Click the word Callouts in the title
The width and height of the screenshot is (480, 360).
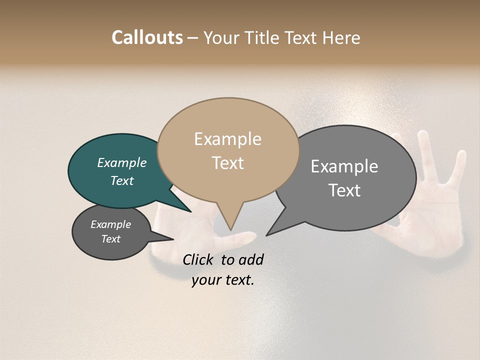click(147, 37)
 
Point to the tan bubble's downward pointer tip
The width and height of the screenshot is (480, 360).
click(230, 229)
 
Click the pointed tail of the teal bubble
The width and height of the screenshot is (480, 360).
click(190, 211)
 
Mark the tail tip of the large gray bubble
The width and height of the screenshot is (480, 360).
click(266, 235)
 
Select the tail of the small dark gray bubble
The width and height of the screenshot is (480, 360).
click(172, 239)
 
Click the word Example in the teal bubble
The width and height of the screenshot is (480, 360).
click(121, 162)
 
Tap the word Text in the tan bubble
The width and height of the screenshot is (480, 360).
click(227, 162)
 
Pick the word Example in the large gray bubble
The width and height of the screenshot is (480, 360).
click(344, 166)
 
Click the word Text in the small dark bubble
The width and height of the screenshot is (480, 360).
click(110, 239)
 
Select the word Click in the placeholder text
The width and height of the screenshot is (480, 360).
click(198, 259)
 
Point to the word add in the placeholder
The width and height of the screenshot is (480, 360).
click(251, 259)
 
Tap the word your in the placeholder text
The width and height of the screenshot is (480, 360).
click(204, 280)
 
